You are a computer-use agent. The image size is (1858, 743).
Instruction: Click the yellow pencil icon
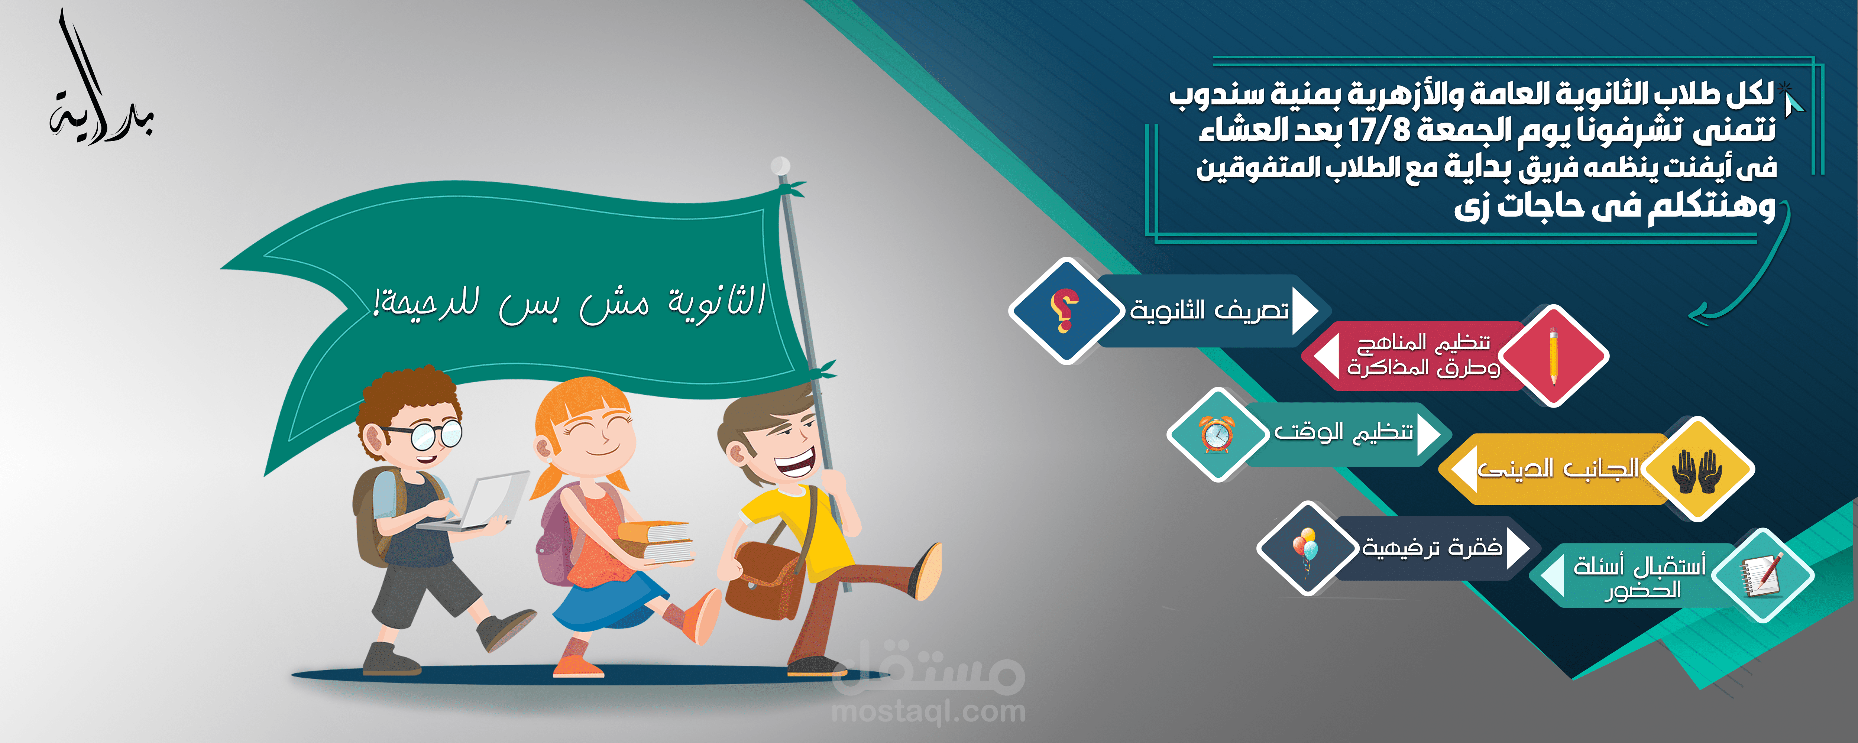click(1553, 356)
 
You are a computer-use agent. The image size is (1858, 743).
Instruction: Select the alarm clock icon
click(1217, 434)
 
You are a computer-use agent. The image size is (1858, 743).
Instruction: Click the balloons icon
click(1305, 548)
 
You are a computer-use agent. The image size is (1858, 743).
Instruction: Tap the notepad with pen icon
click(1762, 575)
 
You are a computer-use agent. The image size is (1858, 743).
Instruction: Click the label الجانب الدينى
click(1558, 470)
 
